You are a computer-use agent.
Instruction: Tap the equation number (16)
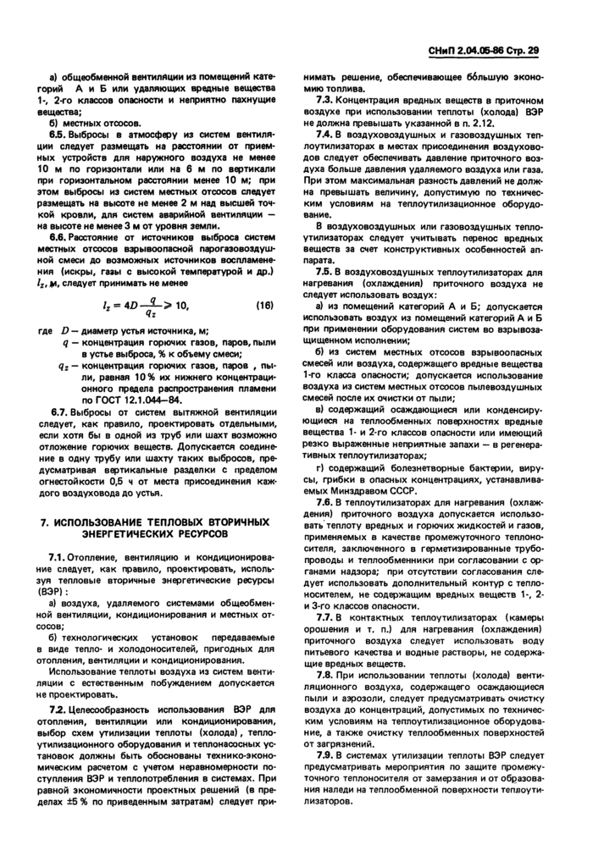pyautogui.click(x=265, y=304)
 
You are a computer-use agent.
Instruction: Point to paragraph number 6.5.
pyautogui.click(x=58, y=135)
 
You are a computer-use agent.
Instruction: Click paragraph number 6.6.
pyautogui.click(x=58, y=238)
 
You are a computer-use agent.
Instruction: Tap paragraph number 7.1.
pyautogui.click(x=58, y=555)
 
